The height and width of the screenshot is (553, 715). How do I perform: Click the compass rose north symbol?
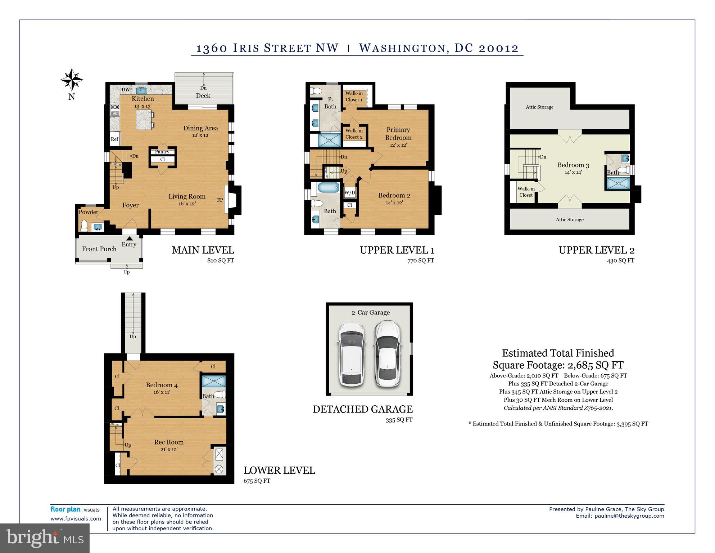point(72,80)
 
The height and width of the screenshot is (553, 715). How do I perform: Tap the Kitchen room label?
point(143,99)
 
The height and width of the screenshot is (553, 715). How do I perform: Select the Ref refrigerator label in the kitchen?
point(114,139)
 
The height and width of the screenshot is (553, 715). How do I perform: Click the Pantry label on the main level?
point(162,152)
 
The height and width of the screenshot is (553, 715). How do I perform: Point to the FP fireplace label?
point(220,200)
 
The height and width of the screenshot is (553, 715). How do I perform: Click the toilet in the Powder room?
point(85,226)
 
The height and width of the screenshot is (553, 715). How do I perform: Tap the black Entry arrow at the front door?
point(129,238)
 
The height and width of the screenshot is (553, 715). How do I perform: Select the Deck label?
point(203,95)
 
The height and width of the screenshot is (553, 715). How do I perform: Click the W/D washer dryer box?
point(350,193)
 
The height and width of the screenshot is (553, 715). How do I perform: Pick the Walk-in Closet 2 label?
point(354,134)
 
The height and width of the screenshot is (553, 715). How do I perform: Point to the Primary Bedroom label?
point(398,134)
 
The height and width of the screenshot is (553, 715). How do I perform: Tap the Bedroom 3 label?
point(574,165)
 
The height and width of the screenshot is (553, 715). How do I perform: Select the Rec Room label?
point(169,442)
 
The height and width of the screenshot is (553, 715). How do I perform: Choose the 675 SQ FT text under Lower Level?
point(257,481)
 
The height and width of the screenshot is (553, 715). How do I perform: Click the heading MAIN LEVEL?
point(203,250)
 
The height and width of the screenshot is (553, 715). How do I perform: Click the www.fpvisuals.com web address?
point(76,519)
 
